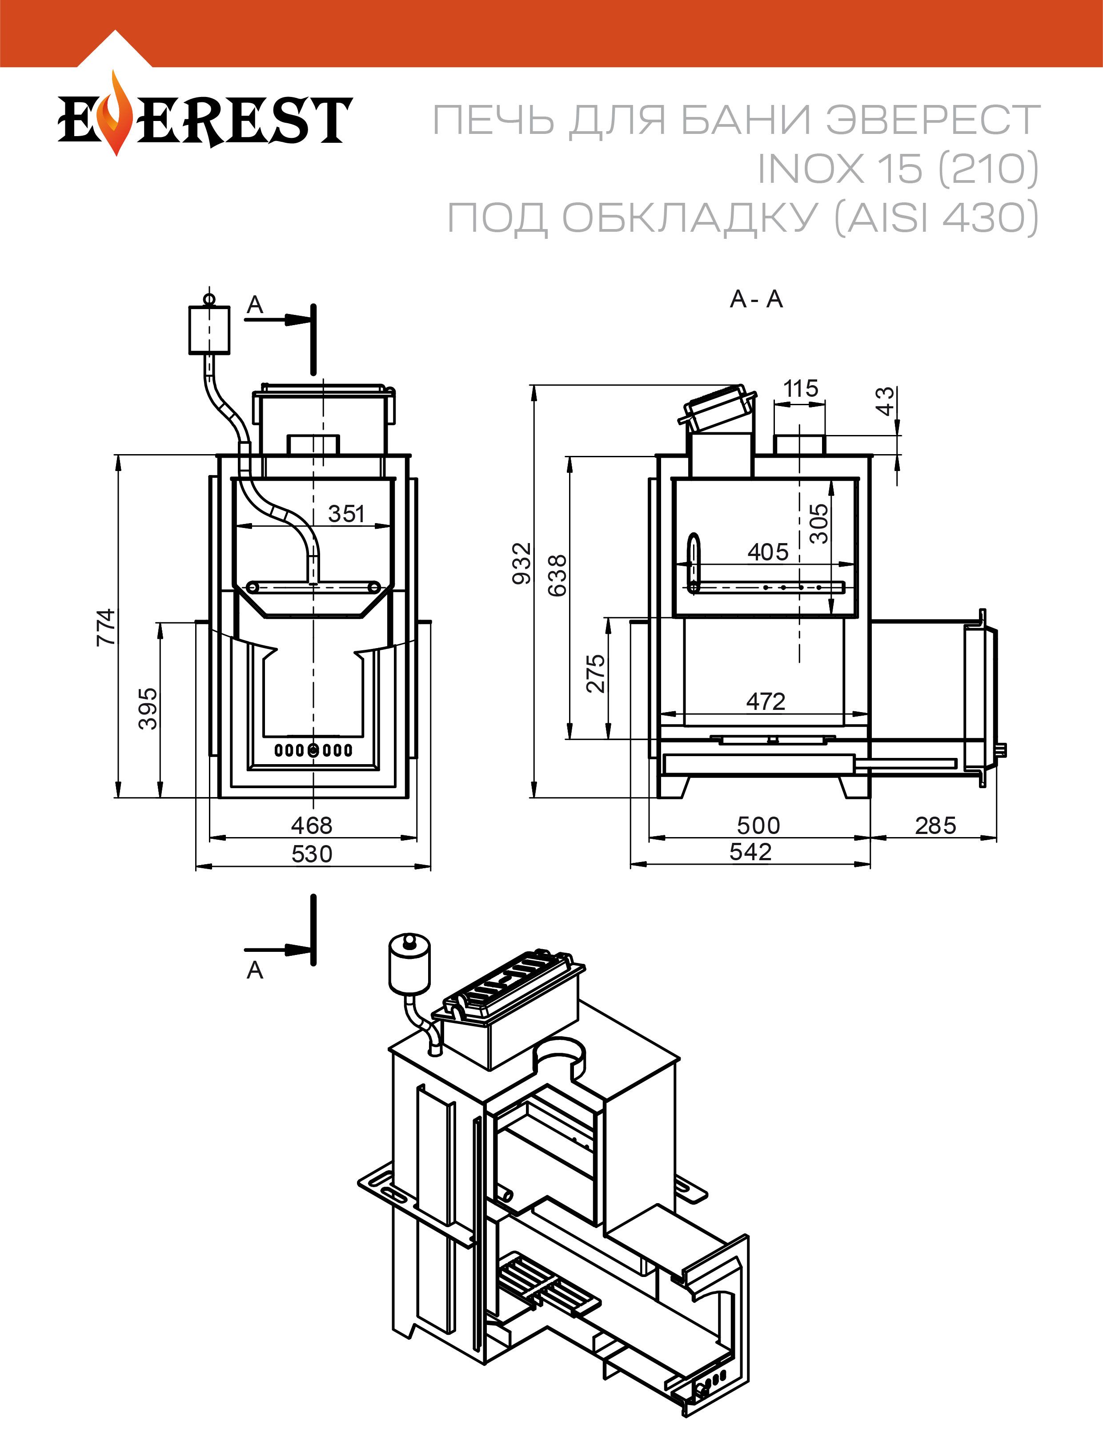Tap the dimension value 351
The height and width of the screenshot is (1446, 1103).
pos(346,514)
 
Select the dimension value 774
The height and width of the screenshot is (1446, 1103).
pos(106,627)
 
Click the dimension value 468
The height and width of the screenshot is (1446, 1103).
pos(312,825)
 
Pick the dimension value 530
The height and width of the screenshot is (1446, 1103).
pos(312,854)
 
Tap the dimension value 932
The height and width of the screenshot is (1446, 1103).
pos(521,563)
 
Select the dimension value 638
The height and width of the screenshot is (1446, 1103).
pos(558,575)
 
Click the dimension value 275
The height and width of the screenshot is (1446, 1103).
pos(595,673)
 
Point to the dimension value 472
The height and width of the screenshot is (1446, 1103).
pos(766,701)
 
